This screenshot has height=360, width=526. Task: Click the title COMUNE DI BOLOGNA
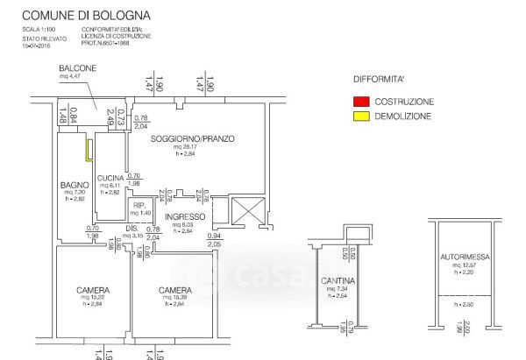85,16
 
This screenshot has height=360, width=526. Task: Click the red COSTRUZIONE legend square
359,102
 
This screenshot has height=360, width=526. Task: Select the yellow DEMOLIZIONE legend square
359,116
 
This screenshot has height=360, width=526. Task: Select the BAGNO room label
72,184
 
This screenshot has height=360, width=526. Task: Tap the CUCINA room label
110,178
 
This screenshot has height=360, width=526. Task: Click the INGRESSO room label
184,216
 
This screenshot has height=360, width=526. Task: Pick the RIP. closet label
139,205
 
